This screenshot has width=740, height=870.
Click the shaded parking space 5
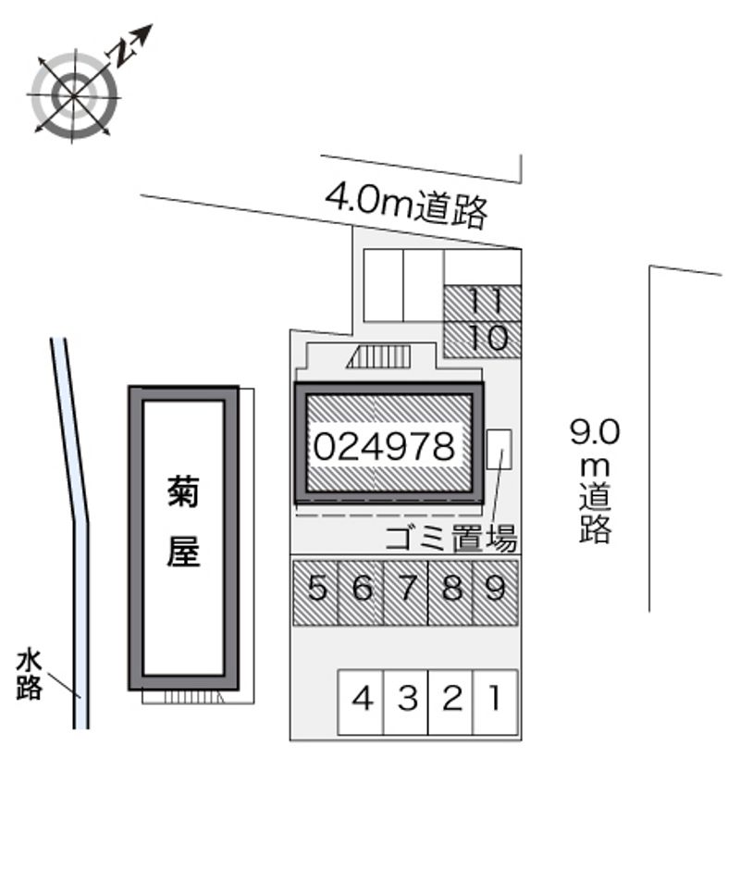click(x=316, y=590)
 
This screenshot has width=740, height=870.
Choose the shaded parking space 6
click(x=362, y=590)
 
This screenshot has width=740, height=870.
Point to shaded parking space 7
click(x=406, y=590)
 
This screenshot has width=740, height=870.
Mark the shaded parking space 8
click(x=451, y=590)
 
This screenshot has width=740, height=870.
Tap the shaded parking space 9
click(x=495, y=590)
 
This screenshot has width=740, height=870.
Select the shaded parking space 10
click(x=483, y=339)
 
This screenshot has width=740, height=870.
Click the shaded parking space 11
click(x=483, y=303)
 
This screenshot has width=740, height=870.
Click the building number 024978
click(x=384, y=447)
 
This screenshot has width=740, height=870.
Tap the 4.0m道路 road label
click(x=406, y=205)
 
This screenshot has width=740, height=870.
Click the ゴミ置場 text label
click(x=450, y=537)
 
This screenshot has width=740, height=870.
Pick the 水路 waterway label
click(x=30, y=675)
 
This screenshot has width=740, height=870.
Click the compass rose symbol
click(x=75, y=94)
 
